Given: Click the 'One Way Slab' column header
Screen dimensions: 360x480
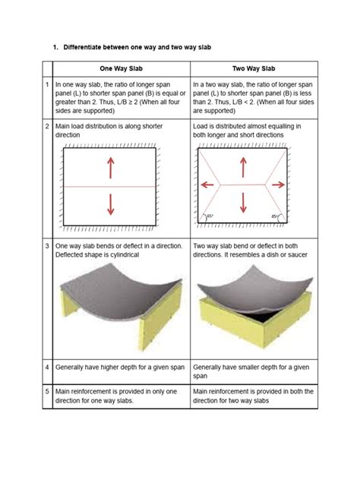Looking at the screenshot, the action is pos(122,68).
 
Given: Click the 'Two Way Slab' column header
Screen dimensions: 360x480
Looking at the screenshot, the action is pos(254,68).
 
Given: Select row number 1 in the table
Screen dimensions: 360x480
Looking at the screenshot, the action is pos(47,84).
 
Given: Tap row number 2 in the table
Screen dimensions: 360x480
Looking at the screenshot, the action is pos(47,126).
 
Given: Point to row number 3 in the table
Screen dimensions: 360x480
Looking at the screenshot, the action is pos(47,246).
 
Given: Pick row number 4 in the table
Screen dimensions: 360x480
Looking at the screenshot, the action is pos(47,367).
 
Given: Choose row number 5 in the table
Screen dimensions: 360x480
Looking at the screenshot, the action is pos(47,391).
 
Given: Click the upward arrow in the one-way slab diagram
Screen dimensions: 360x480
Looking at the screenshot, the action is pos(111,168).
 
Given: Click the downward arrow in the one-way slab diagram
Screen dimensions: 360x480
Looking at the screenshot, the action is pos(111,204).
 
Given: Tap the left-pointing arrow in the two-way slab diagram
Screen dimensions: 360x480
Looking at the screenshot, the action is pos(207,185).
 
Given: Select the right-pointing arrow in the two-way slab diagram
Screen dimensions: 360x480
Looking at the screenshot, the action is pos(278,185).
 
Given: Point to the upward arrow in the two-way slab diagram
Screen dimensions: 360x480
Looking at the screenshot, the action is pos(243,167).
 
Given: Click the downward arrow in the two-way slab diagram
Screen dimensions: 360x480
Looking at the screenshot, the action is pos(243,203).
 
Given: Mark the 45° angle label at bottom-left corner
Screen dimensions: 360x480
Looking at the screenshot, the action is pos(210,216).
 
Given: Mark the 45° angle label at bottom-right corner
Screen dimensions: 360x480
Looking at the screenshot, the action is pos(274,216).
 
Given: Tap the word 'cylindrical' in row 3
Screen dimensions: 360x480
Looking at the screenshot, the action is pos(124,254).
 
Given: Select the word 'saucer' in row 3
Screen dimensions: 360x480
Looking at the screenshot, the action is pos(297,254).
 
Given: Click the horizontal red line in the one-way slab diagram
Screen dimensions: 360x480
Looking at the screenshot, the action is pos(109,186).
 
